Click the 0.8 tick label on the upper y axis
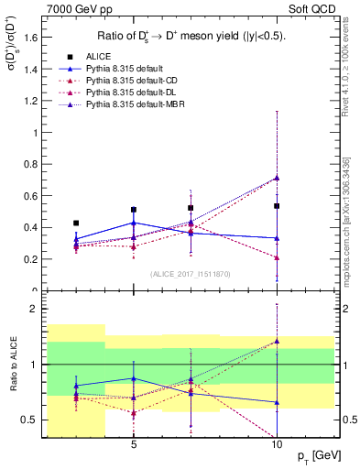[31, 164]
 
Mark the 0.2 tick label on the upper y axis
[31, 259]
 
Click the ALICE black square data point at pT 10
[277, 206]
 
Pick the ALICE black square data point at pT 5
[134, 210]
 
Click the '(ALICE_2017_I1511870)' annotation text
[191, 273]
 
